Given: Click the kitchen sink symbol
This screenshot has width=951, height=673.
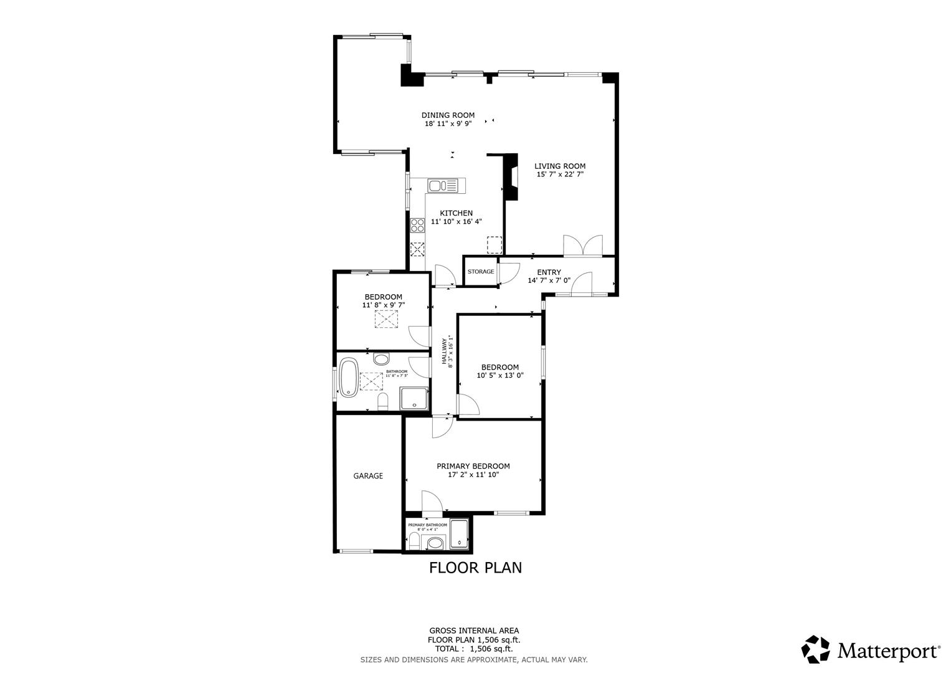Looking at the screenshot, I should (442, 185).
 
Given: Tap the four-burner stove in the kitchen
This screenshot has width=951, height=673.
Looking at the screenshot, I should (417, 225).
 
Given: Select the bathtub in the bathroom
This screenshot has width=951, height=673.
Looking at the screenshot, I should (348, 377).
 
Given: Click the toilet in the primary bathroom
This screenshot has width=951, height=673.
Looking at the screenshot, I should (415, 541).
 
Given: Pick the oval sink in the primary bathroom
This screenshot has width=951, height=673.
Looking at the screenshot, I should (434, 544).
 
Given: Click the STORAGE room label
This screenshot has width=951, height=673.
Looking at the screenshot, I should (481, 272).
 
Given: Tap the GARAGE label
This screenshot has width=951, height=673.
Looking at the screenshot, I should (368, 475).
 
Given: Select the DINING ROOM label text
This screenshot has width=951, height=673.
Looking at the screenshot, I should (448, 115).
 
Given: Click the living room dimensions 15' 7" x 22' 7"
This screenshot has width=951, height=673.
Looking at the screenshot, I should (560, 174).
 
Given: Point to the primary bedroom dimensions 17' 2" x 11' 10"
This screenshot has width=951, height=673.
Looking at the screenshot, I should (473, 475).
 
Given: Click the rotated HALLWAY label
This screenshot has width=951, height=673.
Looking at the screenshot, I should (445, 352).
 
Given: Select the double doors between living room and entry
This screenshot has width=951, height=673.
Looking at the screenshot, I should (582, 246).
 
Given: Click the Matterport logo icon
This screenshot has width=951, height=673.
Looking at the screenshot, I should (816, 650).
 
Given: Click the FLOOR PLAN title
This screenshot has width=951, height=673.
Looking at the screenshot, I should (475, 568).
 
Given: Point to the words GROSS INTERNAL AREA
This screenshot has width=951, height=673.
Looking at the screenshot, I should (474, 631).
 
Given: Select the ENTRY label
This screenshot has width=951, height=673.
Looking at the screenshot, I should (549, 272).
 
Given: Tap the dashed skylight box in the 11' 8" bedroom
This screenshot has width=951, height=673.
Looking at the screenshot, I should (386, 319).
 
